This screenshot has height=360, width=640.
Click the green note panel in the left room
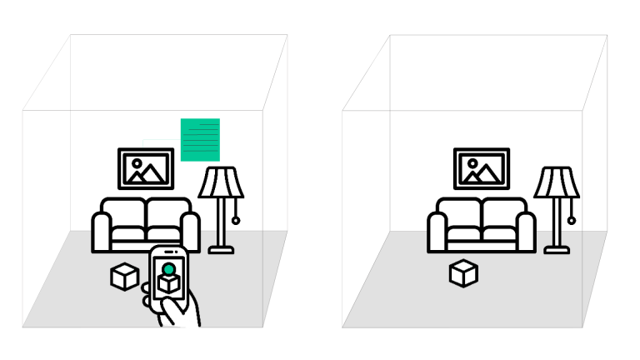(200, 139)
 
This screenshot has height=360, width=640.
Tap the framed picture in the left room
(146, 168)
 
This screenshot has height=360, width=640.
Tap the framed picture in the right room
(482, 168)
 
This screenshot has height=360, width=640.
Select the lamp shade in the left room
(221, 182)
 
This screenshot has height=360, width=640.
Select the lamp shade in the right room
(557, 182)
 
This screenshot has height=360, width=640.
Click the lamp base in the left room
(221, 248)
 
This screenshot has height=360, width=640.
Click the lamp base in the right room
(557, 248)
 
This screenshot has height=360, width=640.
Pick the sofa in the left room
(147, 225)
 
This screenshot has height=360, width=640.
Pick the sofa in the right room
(482, 225)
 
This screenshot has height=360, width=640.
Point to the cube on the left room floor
(124, 277)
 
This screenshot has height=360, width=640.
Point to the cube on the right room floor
(463, 272)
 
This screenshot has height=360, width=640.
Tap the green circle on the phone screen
(168, 269)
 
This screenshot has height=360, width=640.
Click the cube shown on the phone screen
(168, 283)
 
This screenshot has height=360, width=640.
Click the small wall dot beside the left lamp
(236, 221)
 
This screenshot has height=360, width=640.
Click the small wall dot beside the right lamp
(571, 221)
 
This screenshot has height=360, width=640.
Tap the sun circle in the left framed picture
(137, 163)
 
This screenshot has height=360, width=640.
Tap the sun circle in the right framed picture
(472, 163)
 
